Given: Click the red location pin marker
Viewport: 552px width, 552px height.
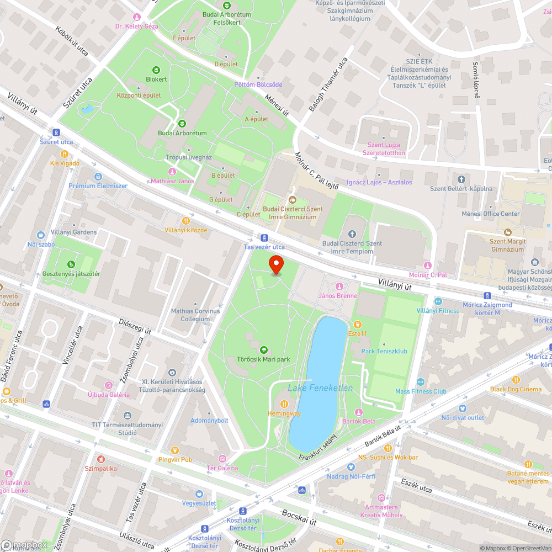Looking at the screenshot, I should point(276,265).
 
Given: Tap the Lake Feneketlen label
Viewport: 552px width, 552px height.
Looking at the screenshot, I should point(320,388).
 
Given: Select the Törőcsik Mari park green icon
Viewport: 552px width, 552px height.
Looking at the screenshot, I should point(263,349).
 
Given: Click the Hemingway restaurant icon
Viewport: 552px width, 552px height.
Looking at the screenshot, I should point(284,404).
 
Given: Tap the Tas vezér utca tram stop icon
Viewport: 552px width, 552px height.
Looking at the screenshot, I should point(264,237).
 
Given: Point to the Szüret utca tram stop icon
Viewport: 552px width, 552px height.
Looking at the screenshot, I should point(56,132).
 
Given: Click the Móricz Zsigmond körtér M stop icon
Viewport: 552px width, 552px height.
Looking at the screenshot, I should point(487,296).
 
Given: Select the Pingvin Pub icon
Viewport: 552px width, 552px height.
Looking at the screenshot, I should point(174,450).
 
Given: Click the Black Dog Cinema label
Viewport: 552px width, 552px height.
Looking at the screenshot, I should point(516,389).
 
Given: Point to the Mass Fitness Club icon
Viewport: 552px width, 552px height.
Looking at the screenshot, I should point(421,382).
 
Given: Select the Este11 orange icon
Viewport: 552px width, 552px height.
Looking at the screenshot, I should point(357,324).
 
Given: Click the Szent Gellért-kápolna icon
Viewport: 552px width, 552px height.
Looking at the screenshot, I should point(461,179).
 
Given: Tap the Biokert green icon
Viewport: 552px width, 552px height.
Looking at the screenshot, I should point(156,70).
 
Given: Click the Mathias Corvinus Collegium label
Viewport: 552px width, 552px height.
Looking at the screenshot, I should point(195,315).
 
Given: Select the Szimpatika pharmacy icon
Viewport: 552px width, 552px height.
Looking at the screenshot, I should point(100,459).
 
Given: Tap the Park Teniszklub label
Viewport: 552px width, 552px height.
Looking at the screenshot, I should point(384,351).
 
